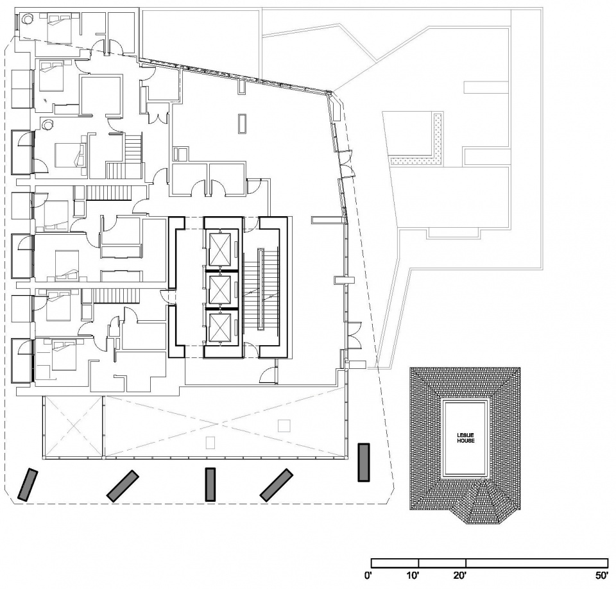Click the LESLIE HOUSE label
465,438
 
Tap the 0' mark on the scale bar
368,576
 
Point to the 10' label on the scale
413,576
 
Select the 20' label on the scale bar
460,576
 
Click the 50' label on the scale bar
601,576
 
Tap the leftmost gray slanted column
29,484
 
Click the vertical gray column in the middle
210,484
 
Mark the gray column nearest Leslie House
364,462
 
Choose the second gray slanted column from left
123,486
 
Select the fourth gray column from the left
277,484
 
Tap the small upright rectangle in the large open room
242,123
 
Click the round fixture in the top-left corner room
28,19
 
